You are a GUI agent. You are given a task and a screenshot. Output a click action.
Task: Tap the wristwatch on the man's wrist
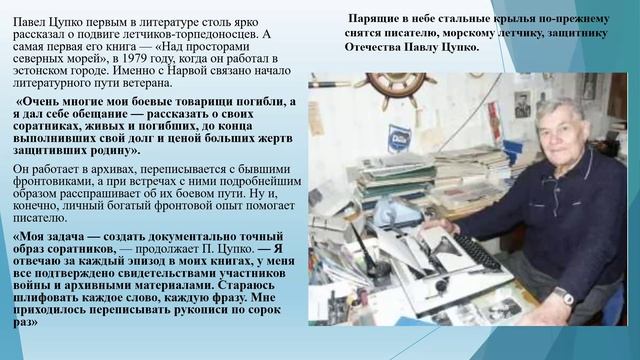click(x=564, y=296)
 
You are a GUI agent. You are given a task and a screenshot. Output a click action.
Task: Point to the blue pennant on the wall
click(x=399, y=137)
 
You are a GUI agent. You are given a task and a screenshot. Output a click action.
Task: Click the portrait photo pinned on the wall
click(x=521, y=104)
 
